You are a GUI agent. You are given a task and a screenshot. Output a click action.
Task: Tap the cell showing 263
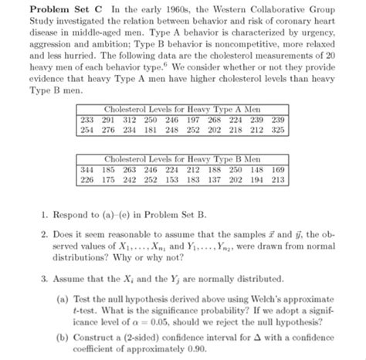130,169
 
